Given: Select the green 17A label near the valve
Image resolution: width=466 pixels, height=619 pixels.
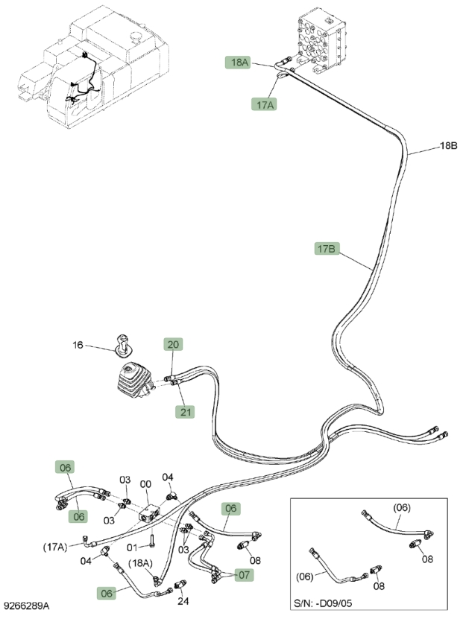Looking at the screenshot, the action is [x=264, y=104].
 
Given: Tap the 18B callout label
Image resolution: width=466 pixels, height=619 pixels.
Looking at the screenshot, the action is [x=449, y=146].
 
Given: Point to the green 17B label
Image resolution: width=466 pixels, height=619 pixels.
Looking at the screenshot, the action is [x=327, y=249].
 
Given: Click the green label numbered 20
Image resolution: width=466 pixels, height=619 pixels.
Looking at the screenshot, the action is [x=173, y=344].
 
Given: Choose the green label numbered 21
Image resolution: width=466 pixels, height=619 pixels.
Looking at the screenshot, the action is [x=185, y=412].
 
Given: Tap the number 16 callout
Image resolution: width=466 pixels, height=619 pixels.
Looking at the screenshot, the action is [x=78, y=345].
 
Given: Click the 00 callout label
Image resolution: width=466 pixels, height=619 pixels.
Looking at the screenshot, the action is [x=146, y=484].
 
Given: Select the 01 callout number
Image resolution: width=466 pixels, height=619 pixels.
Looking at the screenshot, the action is [x=132, y=547].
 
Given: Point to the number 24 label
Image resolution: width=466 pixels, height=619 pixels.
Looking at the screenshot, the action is [x=183, y=601].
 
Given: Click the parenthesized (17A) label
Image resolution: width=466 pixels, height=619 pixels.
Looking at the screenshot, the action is [x=55, y=547].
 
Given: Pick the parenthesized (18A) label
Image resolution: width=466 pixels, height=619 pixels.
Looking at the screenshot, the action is [x=140, y=563].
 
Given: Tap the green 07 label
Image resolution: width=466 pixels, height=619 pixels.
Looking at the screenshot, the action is [x=244, y=575].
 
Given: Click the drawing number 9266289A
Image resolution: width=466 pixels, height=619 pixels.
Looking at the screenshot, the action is [x=26, y=606].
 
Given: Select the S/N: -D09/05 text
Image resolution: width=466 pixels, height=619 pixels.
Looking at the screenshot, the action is [x=323, y=603].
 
